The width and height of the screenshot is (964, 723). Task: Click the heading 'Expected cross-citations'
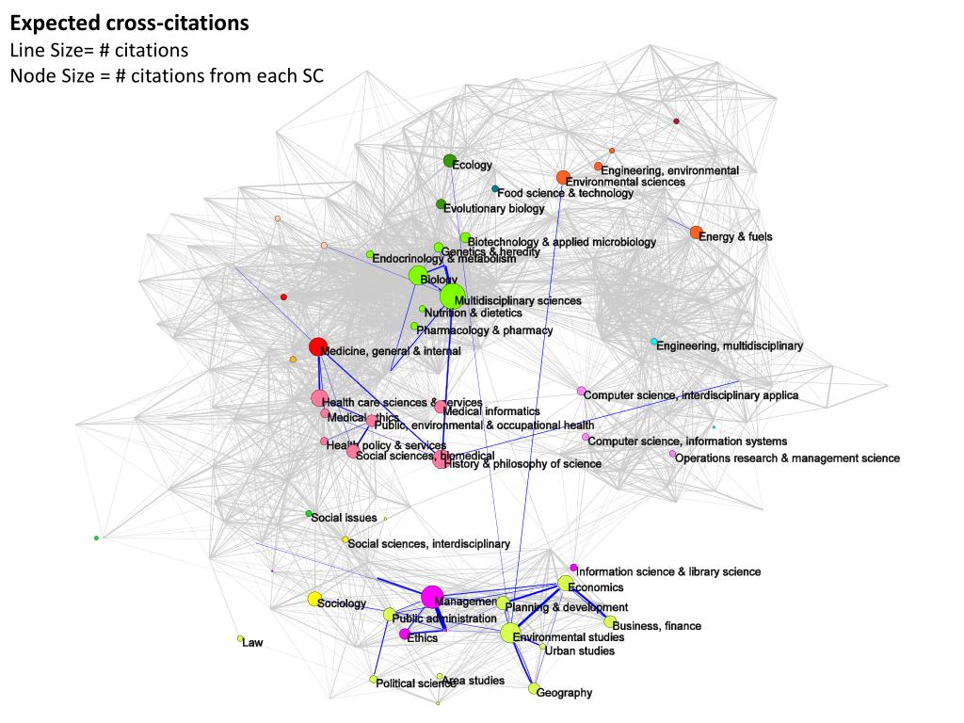tap(129, 23)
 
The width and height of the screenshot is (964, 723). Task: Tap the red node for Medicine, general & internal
tap(318, 346)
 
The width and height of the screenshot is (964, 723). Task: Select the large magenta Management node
tap(432, 596)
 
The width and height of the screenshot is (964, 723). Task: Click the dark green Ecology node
tap(450, 161)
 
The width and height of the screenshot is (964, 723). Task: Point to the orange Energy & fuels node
tap(696, 233)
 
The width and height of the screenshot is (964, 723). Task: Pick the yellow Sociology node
tap(314, 599)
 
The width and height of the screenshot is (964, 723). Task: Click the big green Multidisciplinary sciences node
tap(452, 296)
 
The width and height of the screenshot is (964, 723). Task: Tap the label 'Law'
tap(252, 643)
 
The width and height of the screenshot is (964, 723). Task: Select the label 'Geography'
tap(564, 693)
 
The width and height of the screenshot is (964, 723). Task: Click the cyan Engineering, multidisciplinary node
tap(654, 342)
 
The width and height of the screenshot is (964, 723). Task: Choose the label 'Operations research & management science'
tap(787, 458)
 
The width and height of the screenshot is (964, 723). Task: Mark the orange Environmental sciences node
tap(563, 177)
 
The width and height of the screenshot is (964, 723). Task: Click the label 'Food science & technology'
tap(565, 193)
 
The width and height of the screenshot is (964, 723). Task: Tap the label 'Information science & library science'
tap(668, 571)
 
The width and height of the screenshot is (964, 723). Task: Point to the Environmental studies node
tap(509, 633)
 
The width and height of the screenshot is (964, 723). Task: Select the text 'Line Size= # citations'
tap(99, 50)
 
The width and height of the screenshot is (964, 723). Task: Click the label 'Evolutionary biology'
tap(493, 209)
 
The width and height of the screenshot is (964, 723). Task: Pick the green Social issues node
tap(309, 514)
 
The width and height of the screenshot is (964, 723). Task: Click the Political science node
tap(374, 680)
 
